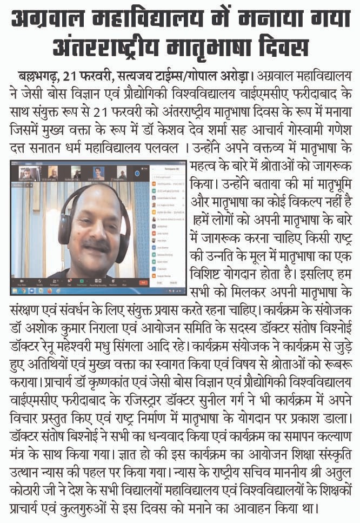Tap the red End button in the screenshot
coord(143,282)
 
